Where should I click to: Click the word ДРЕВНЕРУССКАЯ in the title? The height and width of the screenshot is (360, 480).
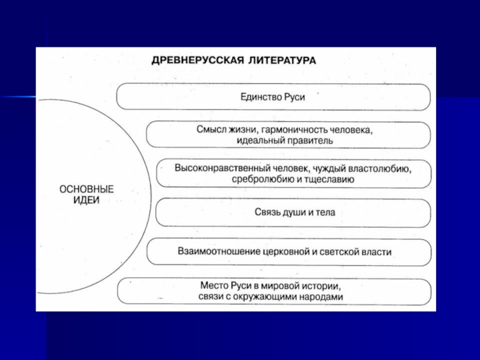click(187, 61)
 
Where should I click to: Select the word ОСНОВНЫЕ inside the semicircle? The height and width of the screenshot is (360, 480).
click(88, 189)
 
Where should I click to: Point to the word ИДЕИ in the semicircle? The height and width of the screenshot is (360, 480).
click(88, 200)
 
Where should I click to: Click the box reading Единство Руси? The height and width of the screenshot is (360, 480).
click(273, 97)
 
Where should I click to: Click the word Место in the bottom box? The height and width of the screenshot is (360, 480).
click(214, 286)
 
